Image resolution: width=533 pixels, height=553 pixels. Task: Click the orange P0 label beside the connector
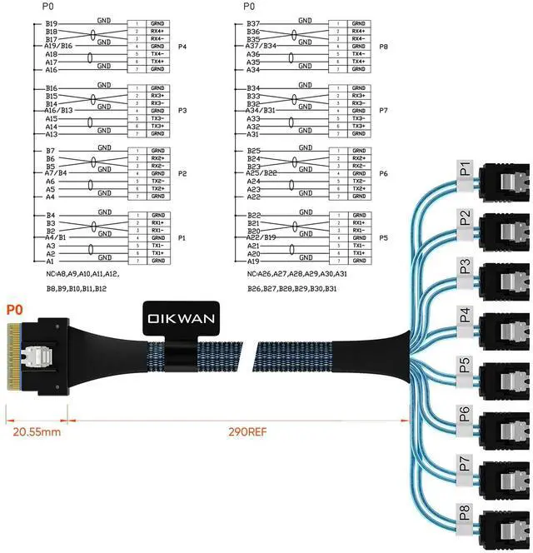(x=14, y=308)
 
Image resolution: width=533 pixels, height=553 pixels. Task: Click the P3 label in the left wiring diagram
(x=182, y=110)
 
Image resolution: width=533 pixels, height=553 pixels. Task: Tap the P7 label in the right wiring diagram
(x=384, y=110)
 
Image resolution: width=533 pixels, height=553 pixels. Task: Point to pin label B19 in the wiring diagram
(x=52, y=24)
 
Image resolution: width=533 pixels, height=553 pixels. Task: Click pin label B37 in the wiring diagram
(x=253, y=24)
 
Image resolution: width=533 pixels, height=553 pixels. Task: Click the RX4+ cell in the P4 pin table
(x=157, y=31)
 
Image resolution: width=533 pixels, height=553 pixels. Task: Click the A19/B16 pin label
(x=58, y=47)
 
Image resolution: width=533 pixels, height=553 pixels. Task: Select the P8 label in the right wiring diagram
(x=384, y=47)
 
